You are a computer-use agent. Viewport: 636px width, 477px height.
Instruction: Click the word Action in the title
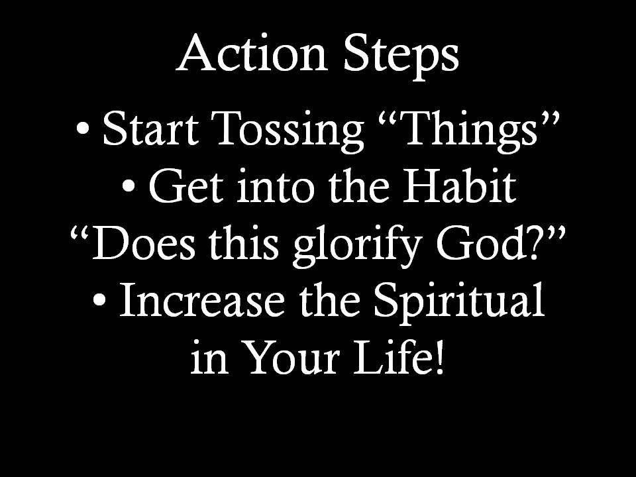coord(252,53)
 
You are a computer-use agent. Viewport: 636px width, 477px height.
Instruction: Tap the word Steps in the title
coord(401,57)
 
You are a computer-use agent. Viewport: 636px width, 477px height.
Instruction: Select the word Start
coord(151,129)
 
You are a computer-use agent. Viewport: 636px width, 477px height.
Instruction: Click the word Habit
coord(460,185)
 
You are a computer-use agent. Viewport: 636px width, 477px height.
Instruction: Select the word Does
coord(144,243)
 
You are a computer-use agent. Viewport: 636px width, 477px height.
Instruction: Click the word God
coord(479,242)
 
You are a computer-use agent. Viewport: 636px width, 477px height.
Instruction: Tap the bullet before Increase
coord(100,300)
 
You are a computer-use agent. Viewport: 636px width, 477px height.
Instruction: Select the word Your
coord(292,357)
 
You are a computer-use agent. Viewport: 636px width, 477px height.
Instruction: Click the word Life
coord(392,356)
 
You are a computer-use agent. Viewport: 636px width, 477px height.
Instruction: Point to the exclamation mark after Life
coord(439,357)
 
